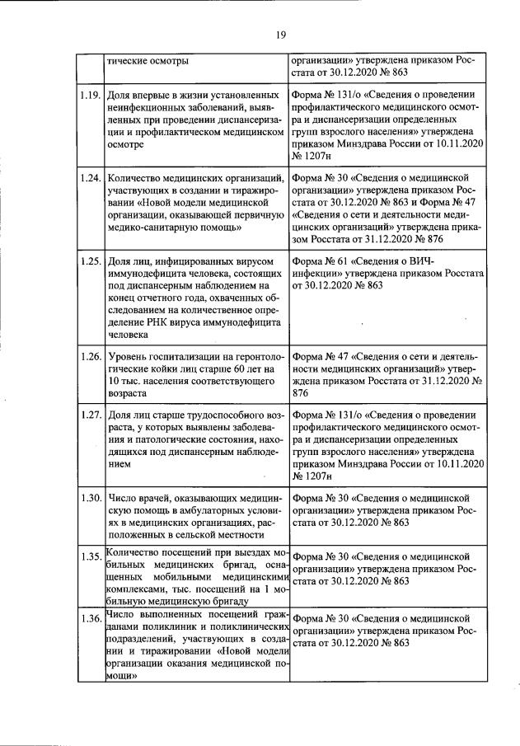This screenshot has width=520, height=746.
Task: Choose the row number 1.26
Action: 91,355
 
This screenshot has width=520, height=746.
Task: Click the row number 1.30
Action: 91,498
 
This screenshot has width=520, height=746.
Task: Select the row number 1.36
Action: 91,618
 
